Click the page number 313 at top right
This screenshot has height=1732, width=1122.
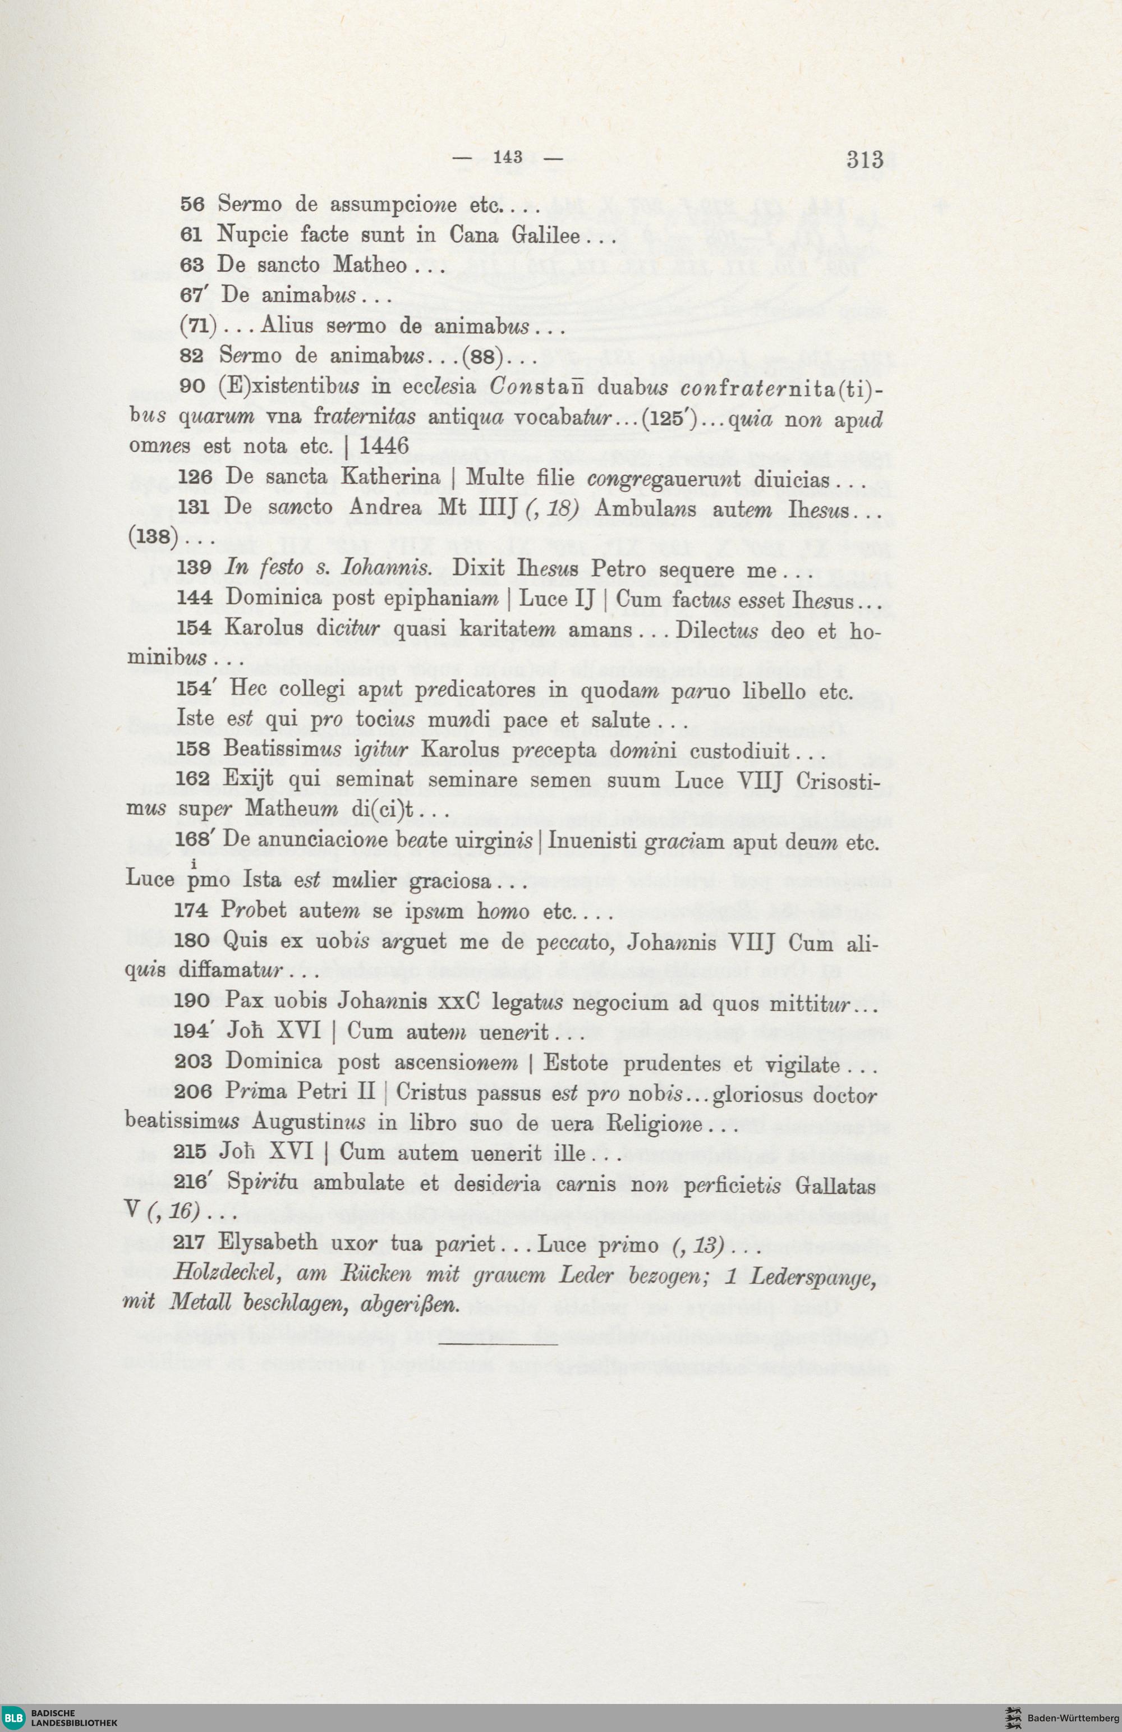(865, 159)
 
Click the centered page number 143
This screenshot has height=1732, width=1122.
(508, 157)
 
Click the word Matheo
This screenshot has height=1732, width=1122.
(370, 265)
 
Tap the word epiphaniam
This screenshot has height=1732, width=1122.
(434, 598)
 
